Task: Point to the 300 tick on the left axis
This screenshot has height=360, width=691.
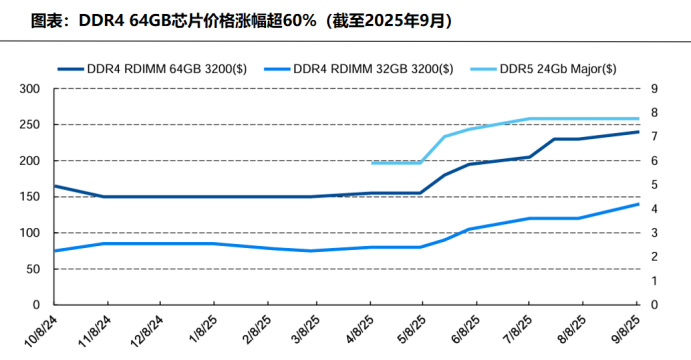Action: [x=29, y=89]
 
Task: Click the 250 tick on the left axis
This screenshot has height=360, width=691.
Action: [x=29, y=125]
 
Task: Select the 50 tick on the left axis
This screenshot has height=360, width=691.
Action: [x=32, y=269]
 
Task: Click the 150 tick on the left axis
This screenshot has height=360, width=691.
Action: [x=29, y=197]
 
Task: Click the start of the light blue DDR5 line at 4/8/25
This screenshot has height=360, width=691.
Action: [x=371, y=163]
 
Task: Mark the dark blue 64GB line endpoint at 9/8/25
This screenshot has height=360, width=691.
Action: [x=638, y=132]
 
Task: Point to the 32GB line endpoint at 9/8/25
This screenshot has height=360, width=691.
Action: [x=638, y=204]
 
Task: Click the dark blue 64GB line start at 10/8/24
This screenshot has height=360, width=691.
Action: [x=54, y=186]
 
